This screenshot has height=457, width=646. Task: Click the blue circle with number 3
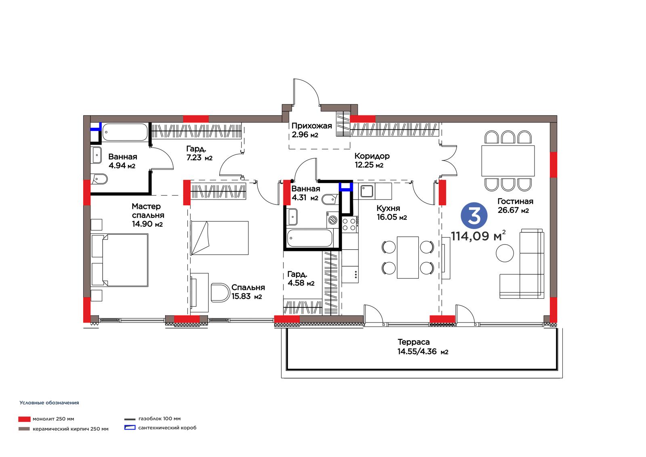[x=474, y=216]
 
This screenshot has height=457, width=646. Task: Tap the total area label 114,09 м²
[x=478, y=236]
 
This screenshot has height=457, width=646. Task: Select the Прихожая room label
[x=311, y=126]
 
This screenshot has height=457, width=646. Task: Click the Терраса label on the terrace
[x=413, y=342]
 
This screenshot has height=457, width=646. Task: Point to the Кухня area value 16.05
[x=387, y=217]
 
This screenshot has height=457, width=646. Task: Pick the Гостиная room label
[x=515, y=201]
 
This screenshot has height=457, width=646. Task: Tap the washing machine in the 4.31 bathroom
[x=333, y=220]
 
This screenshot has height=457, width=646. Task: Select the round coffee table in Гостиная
[x=505, y=253]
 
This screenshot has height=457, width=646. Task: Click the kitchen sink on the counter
[x=367, y=191]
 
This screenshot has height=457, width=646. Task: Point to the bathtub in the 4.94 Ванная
[x=125, y=132]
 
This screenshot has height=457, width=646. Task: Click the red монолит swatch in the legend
[x=24, y=419]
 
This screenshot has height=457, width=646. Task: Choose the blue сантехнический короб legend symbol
[x=130, y=428]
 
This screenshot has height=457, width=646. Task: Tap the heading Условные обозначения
[x=49, y=403]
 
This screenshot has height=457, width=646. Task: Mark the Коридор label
[x=372, y=156]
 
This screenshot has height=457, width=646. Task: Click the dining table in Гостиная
[x=508, y=161]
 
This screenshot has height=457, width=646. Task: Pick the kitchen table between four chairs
[x=407, y=257]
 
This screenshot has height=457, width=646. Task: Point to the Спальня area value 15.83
[x=241, y=296]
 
